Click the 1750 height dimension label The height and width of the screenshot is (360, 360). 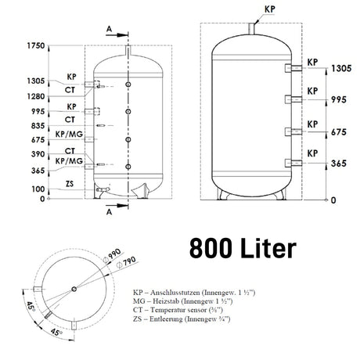pyautogui.click(x=36, y=45)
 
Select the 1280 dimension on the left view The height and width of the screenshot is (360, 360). pyautogui.click(x=36, y=96)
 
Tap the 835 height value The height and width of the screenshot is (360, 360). pyautogui.click(x=38, y=126)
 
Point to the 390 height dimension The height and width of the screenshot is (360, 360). pyautogui.click(x=38, y=154)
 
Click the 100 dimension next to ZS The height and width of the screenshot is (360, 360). pyautogui.click(x=38, y=189)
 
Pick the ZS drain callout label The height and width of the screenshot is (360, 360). pyautogui.click(x=70, y=184)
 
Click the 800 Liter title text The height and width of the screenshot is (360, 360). pyautogui.click(x=243, y=247)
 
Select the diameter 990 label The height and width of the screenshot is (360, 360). pyautogui.click(x=113, y=255)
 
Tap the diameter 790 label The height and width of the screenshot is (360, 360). pyautogui.click(x=127, y=261)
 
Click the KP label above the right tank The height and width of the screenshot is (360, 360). pyautogui.click(x=270, y=9)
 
